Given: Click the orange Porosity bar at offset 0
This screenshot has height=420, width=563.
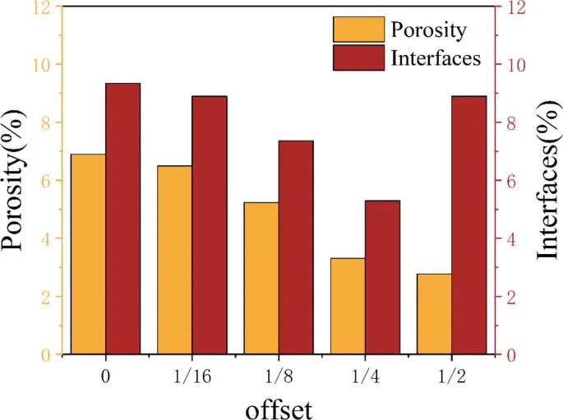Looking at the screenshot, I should click(x=88, y=254).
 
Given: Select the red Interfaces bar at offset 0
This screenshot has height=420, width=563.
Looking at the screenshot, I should click(x=122, y=219).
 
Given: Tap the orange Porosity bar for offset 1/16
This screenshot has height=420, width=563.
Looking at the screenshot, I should click(x=174, y=260).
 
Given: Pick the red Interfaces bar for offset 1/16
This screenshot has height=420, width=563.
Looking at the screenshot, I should click(x=209, y=225).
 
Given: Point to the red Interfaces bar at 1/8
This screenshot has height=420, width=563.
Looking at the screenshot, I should click(x=295, y=247).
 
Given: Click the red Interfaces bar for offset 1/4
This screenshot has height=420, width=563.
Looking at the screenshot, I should click(x=382, y=277).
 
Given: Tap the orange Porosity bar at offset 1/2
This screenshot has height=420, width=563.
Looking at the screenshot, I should click(x=434, y=314).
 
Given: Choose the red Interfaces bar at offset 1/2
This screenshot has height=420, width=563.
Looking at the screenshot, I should click(x=468, y=225).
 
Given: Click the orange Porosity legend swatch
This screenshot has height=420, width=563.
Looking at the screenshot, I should click(x=358, y=30).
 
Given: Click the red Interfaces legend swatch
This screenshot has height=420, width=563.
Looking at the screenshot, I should click(x=358, y=58).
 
